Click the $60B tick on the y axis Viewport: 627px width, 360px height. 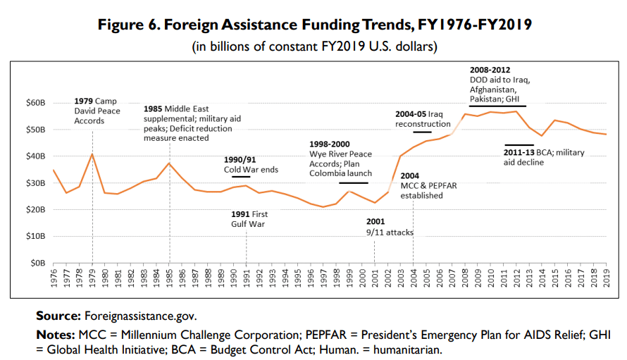37,104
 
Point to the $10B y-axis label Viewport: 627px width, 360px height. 37,236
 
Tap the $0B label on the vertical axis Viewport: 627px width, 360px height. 39,263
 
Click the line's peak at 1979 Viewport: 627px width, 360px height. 92,154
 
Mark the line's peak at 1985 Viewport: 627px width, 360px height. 169,163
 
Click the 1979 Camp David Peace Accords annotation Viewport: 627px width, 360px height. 97,111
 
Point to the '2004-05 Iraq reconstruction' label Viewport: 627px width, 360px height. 423,118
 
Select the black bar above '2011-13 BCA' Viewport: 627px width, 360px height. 519,145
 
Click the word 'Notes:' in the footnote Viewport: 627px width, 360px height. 56,333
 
